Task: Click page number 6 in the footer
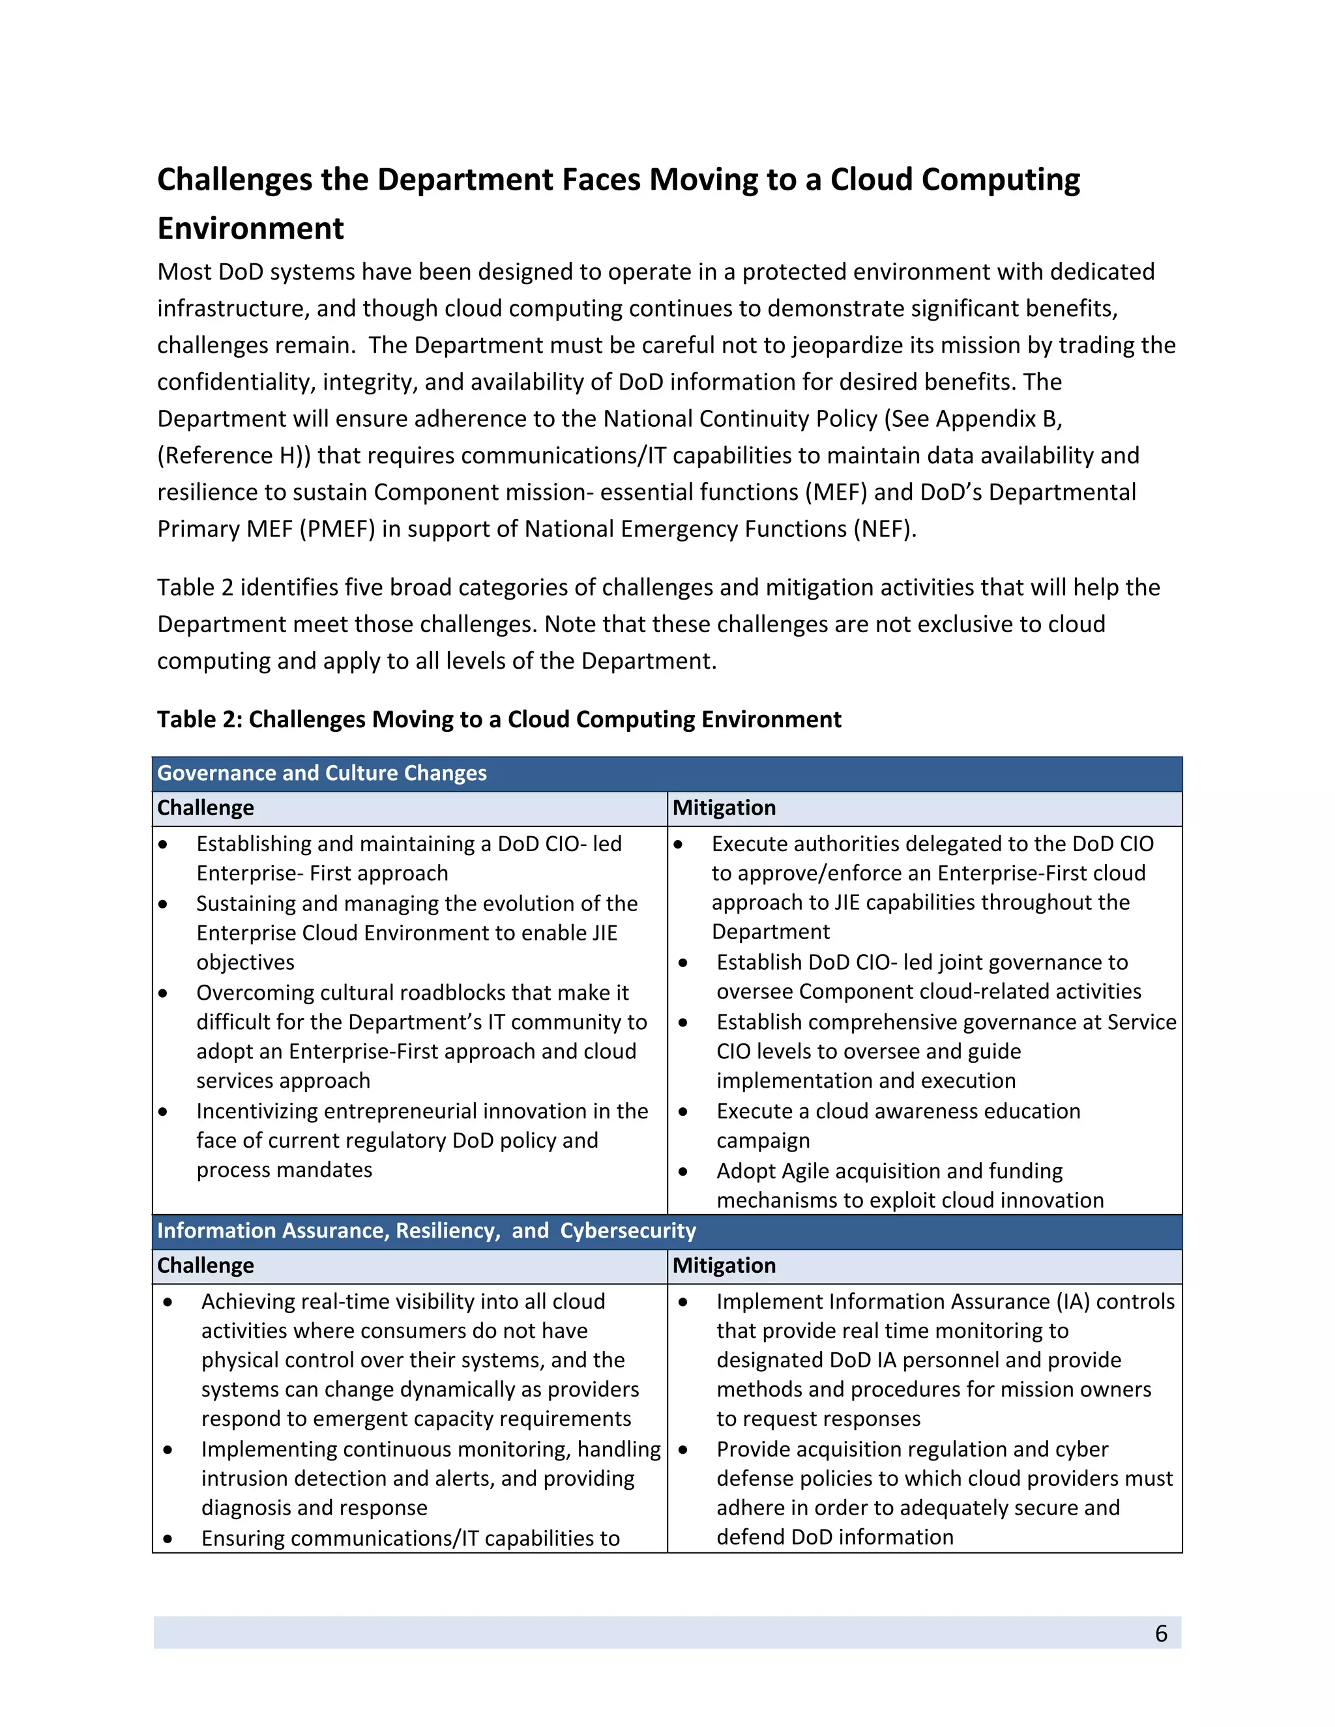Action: pyautogui.click(x=1160, y=1633)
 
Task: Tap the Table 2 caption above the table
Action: pyautogui.click(x=498, y=719)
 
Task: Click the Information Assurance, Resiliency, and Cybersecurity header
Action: pyautogui.click(x=426, y=1230)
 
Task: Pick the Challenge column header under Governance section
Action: pyautogui.click(x=205, y=807)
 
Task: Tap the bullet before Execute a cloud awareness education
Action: pyautogui.click(x=682, y=1112)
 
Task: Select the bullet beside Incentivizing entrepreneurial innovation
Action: pyautogui.click(x=163, y=1112)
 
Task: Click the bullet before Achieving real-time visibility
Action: pyautogui.click(x=168, y=1301)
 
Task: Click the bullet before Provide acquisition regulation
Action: pyautogui.click(x=682, y=1449)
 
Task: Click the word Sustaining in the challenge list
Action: pyautogui.click(x=245, y=903)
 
